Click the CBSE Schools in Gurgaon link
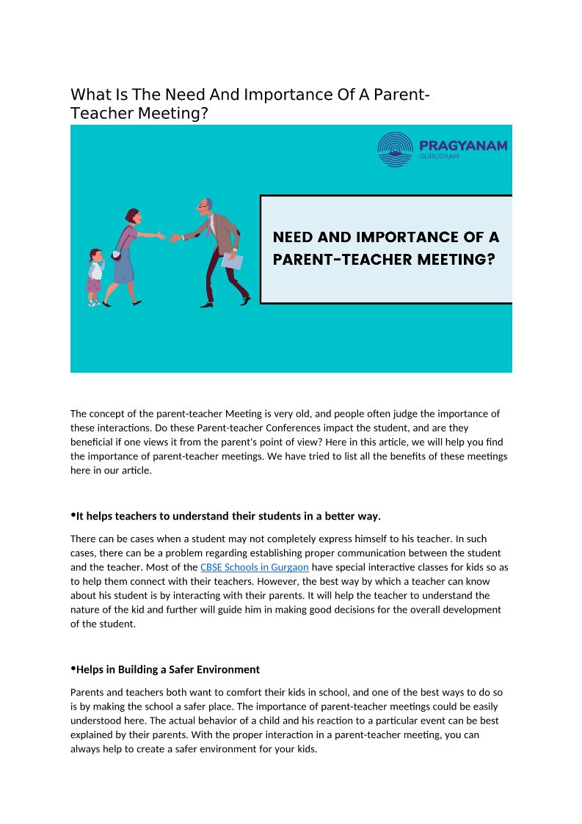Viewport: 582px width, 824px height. click(254, 567)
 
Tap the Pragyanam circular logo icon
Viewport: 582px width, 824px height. click(395, 150)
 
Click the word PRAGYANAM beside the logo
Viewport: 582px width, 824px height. click(462, 145)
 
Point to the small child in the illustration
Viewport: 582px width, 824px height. click(95, 277)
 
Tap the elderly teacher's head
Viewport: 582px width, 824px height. click(208, 205)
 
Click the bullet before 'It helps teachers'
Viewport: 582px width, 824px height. click(73, 514)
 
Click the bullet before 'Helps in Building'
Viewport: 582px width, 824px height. click(73, 668)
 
